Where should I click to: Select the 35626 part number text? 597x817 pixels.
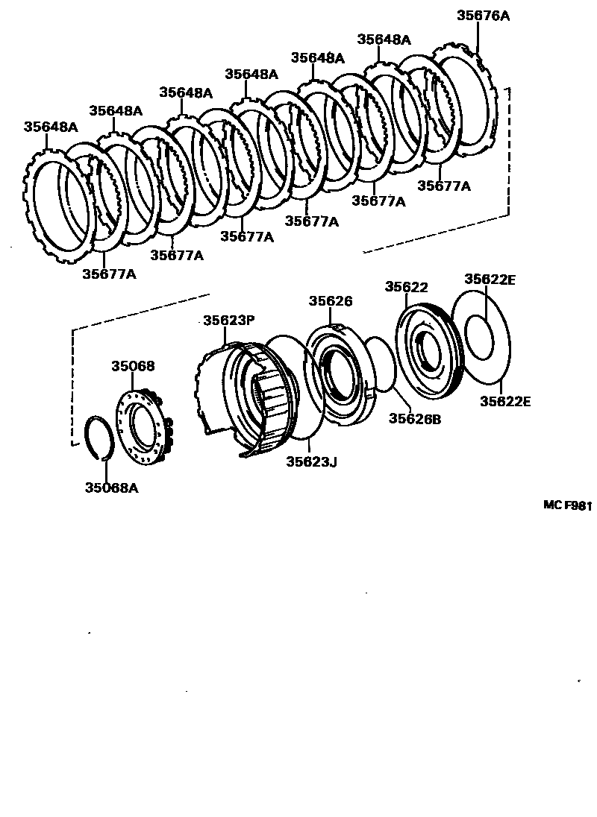(331, 301)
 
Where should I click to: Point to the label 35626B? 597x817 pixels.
(415, 419)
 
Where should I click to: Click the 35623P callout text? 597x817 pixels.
(229, 321)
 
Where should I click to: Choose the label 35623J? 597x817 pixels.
(312, 462)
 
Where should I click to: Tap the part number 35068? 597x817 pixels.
(134, 366)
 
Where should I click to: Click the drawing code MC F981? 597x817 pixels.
(566, 505)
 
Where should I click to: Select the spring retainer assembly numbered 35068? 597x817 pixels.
(142, 429)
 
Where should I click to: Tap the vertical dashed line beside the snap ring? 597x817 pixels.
(72, 388)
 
